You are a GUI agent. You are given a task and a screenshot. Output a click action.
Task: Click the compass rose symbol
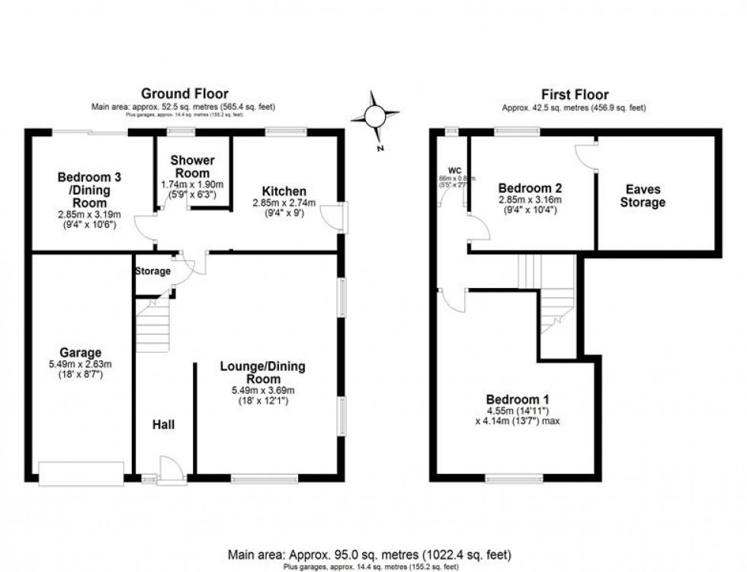375,117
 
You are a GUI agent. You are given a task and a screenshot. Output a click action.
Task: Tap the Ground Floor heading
186,94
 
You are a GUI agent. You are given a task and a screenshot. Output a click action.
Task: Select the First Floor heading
574,94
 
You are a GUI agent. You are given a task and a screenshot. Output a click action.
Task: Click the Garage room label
82,353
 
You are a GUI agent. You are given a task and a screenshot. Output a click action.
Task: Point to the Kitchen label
284,190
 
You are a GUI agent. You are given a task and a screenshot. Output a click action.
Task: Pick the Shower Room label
192,167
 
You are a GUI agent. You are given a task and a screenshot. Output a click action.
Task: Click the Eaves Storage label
643,196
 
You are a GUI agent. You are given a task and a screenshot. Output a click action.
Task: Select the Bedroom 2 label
530,188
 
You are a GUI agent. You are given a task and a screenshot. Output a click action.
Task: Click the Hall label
162,424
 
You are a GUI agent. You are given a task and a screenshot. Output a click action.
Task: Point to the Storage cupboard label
152,271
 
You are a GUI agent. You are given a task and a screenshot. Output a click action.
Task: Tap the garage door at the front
81,473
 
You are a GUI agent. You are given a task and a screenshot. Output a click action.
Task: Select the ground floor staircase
153,325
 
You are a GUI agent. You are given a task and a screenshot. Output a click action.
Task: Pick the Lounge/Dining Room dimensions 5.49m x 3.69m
262,391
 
